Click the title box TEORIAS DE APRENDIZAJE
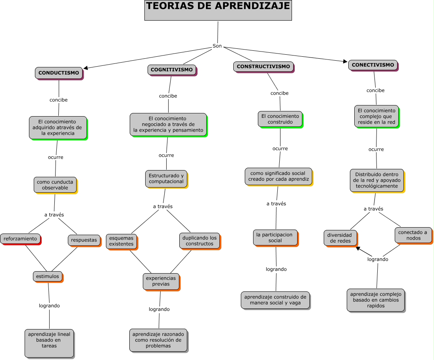tap(218, 10)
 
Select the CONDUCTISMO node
tap(59, 73)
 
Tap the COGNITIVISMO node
tap(172, 70)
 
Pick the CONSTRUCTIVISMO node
tap(263, 67)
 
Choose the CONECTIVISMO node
tap(373, 65)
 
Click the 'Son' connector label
tap(217, 46)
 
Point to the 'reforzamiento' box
tap(20, 239)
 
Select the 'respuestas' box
tap(84, 240)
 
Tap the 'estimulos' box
tap(48, 276)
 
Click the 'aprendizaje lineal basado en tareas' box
tap(49, 343)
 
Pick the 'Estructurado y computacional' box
tap(166, 178)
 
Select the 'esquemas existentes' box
tap(121, 241)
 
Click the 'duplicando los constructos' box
tap(200, 241)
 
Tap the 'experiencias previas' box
tap(161, 281)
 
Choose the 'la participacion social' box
tap(275, 237)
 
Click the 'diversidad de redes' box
tap(340, 238)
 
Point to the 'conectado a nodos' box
tap(413, 235)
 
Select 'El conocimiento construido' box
tap(280, 119)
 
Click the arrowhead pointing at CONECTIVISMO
tap(345, 61)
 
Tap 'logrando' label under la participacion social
tap(276, 269)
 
